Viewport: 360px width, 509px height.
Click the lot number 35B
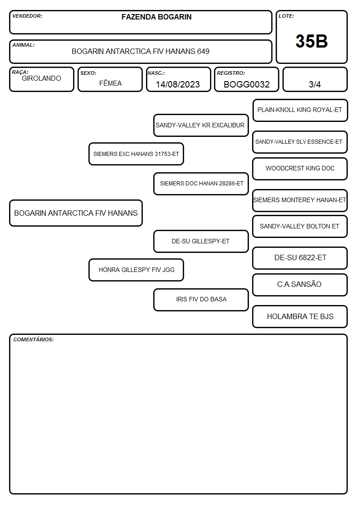311,41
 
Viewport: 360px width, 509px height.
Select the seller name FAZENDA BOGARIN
156,17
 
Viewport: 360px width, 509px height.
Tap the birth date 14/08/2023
178,84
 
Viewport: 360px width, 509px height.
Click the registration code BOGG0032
246,84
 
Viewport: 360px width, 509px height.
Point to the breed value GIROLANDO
41,78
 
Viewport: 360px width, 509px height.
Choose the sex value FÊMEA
110,83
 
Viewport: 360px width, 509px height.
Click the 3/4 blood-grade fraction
315,84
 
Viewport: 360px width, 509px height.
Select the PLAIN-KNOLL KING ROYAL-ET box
300,111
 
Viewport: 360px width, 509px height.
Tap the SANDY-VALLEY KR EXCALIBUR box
201,125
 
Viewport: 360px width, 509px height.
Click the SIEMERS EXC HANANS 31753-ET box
136,154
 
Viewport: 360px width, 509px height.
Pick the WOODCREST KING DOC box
300,169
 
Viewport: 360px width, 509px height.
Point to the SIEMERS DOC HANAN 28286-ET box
201,184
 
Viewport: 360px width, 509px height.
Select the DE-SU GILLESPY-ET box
201,241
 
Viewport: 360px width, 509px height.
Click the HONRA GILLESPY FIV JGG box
136,270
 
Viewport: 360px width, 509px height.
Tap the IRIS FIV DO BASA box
201,300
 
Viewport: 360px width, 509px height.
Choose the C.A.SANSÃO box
300,285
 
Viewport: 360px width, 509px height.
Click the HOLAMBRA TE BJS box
300,316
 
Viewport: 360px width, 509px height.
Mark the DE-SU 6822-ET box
300,258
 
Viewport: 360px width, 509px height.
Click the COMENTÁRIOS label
34,339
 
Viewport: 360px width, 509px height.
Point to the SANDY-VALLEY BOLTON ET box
300,226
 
